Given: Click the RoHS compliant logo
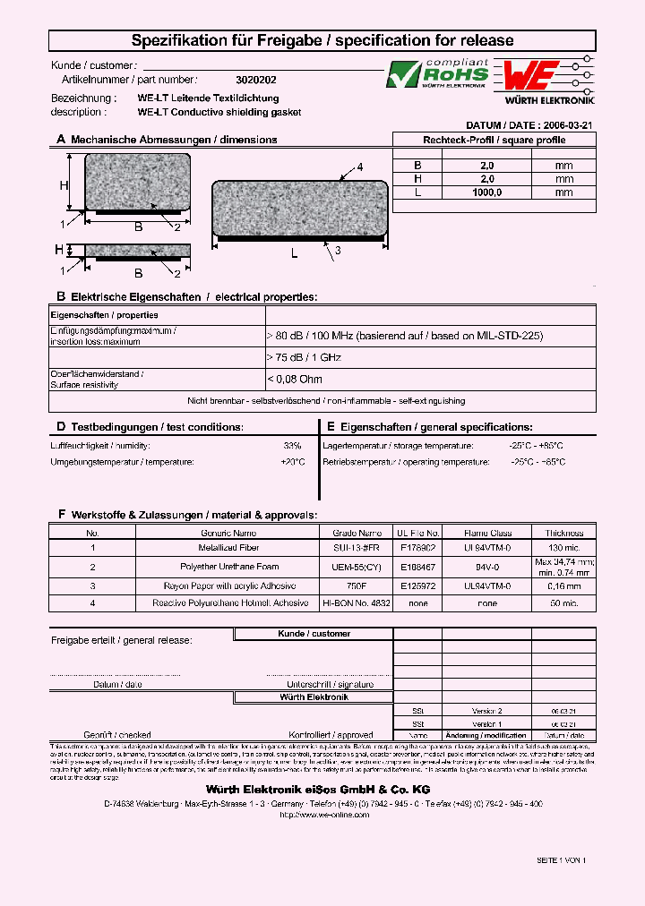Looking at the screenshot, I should [437, 74].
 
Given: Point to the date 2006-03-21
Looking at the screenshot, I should [570, 126].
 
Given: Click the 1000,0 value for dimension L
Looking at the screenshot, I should [487, 192].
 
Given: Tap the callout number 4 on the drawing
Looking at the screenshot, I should [360, 167].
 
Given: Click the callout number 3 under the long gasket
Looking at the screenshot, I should [338, 252].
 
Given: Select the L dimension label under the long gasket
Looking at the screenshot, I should [295, 254].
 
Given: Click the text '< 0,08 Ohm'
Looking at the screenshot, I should [295, 379].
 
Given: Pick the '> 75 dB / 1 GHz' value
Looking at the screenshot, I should [304, 357].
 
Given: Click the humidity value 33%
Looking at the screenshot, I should [292, 446].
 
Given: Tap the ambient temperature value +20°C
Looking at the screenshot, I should [292, 463].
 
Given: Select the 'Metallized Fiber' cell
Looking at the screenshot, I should [228, 547].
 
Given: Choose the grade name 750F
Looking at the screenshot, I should [357, 585].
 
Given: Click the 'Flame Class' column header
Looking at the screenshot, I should [487, 533].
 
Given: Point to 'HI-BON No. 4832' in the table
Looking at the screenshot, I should [357, 604].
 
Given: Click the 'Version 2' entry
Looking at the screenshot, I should [487, 709].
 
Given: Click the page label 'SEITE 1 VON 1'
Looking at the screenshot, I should [561, 859].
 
